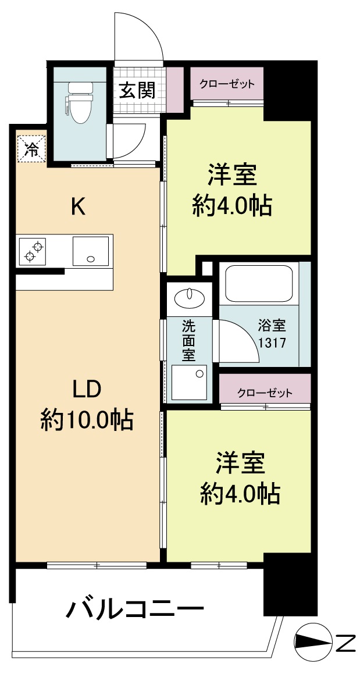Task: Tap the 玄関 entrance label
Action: [137, 90]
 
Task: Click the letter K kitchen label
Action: [78, 206]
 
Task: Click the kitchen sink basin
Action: [90, 251]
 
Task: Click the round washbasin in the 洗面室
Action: [189, 298]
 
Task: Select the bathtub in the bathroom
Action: [259, 284]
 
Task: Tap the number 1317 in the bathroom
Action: [272, 343]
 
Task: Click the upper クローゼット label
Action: [227, 84]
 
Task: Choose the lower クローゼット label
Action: [265, 392]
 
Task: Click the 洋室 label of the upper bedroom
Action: [232, 174]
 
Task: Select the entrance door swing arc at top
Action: [138, 35]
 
